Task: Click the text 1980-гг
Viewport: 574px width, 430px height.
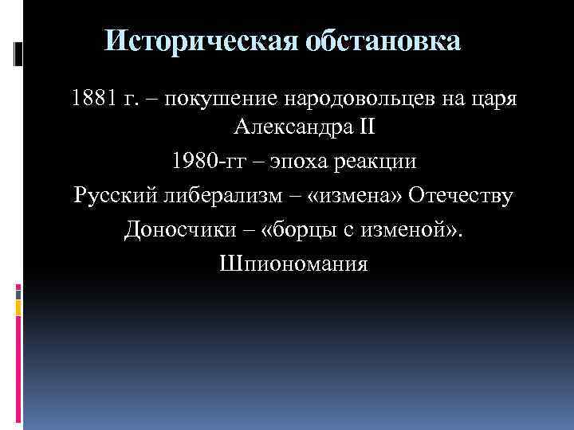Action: click(202, 162)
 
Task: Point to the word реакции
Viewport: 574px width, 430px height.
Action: click(373, 162)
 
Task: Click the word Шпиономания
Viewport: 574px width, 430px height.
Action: click(293, 262)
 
